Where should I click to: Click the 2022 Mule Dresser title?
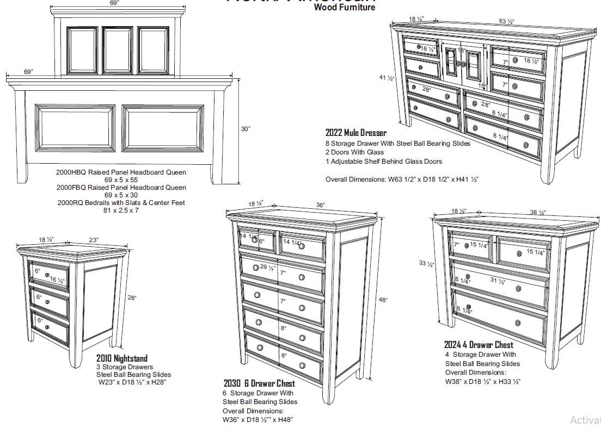tap(355, 133)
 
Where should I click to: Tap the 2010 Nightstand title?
tap(121, 358)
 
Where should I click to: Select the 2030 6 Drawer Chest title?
tap(259, 383)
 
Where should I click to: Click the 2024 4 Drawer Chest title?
tap(478, 344)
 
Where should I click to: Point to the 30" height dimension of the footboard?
tap(246, 129)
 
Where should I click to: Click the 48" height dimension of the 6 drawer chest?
tap(383, 300)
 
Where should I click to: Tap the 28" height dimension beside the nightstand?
tap(132, 297)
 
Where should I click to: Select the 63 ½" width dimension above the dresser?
tap(506, 22)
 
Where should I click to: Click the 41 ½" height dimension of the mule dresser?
tap(387, 78)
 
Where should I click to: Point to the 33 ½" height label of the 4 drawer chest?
tap(426, 264)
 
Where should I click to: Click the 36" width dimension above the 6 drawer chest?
tap(321, 205)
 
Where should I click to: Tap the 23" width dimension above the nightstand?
tap(94, 240)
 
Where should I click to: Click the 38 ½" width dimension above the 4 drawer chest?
tap(538, 213)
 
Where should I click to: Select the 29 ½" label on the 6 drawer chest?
tap(267, 268)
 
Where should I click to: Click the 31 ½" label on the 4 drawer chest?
tap(498, 281)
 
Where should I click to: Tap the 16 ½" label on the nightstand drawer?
tap(57, 280)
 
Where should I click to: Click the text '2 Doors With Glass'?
tap(354, 152)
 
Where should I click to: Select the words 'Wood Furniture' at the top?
tap(344, 8)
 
